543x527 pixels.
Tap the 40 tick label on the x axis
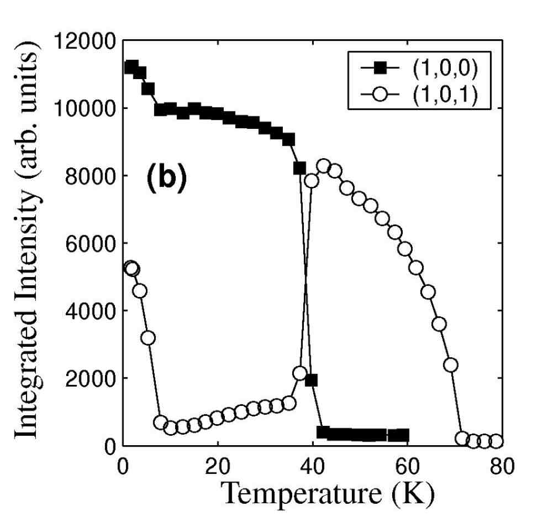[x=313, y=466]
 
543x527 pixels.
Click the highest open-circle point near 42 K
[x=323, y=166]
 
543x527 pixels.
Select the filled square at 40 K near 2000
[x=311, y=380]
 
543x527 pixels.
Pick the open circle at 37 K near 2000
[x=300, y=373]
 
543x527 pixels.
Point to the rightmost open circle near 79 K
[x=495, y=441]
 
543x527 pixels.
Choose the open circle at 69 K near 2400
[x=451, y=365]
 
